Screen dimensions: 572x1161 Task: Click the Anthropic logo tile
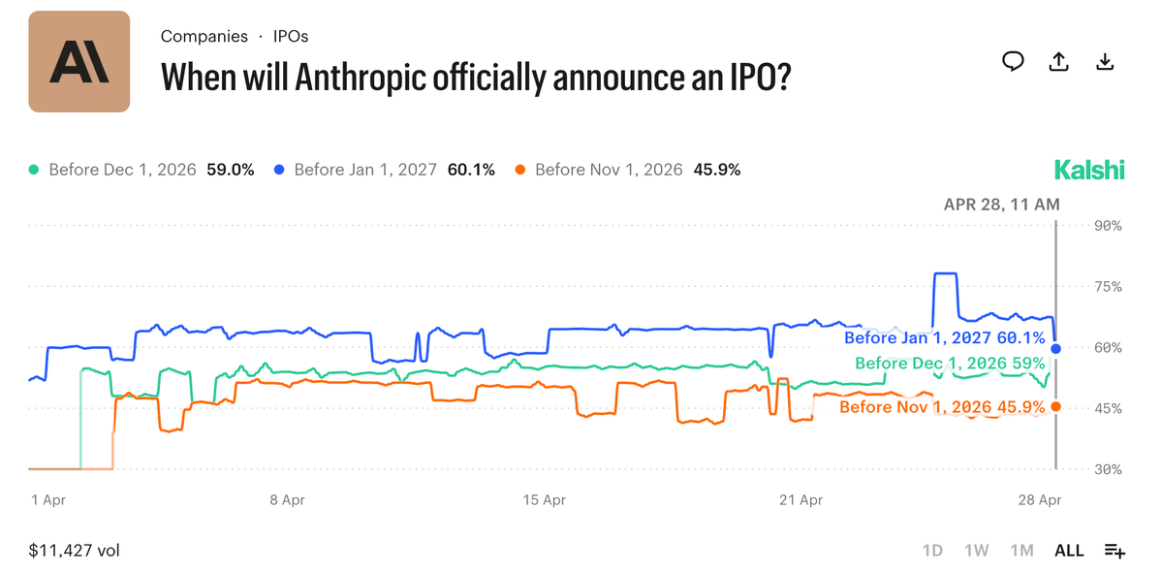[79, 61]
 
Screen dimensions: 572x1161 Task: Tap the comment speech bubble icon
[1013, 62]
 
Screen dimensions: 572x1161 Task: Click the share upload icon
[1059, 62]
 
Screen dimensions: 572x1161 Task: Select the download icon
[1104, 62]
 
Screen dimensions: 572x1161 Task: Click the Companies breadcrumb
[204, 36]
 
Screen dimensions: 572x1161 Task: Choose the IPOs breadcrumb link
[291, 36]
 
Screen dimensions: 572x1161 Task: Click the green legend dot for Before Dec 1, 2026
[34, 170]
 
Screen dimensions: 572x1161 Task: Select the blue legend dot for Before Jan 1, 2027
[279, 170]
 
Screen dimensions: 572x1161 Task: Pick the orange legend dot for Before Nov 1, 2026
[520, 170]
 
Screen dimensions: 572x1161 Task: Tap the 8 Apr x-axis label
[287, 500]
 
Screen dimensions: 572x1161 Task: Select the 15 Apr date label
[544, 500]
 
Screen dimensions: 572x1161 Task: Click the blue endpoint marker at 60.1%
[1055, 348]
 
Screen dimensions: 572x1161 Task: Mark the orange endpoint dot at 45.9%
[1055, 406]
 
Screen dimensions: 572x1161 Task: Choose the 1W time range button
[976, 551]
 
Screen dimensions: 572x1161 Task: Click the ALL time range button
[1069, 551]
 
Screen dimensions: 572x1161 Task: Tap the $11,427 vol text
[75, 551]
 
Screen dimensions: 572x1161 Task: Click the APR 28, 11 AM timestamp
[1001, 205]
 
